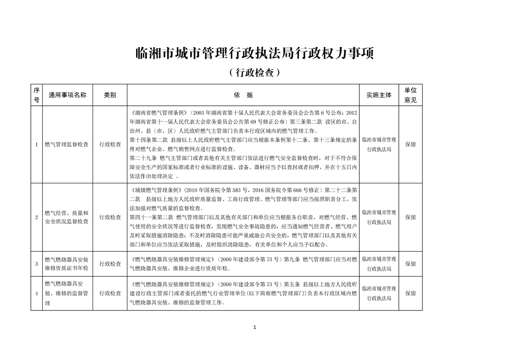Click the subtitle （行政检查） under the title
[x=254, y=72]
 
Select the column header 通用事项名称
[x=68, y=95]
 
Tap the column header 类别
[x=110, y=95]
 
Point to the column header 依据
[x=243, y=95]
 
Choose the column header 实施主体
[x=379, y=95]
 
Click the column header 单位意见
[x=410, y=95]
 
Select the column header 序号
[x=36, y=95]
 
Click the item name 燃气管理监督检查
[x=67, y=144]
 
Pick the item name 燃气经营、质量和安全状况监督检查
[x=67, y=217]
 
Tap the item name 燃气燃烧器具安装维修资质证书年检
[x=67, y=263]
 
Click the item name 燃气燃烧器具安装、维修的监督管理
[x=67, y=293]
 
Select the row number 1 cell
[x=36, y=144]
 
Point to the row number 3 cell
[x=36, y=263]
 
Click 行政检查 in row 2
[x=110, y=217]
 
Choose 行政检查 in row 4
[x=110, y=293]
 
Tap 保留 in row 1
[x=410, y=144]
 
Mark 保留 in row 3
[x=410, y=263]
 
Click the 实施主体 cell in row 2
[x=379, y=217]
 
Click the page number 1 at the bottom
[x=255, y=327]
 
